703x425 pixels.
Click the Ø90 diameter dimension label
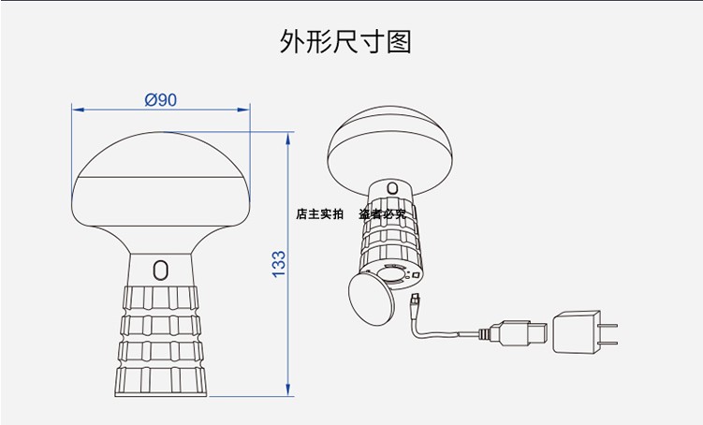[161, 100]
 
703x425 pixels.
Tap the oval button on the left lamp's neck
[160, 271]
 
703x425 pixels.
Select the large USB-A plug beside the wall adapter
[515, 333]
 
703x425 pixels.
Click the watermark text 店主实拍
[319, 214]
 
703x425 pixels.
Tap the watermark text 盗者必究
[382, 214]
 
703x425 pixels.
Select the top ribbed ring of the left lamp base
[160, 298]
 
